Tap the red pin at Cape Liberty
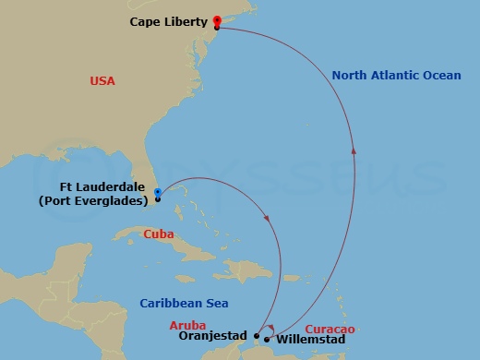(x=217, y=20)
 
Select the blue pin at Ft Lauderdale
(x=158, y=192)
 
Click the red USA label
(x=102, y=81)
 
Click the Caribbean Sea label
(x=184, y=303)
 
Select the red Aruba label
(x=189, y=325)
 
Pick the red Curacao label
(x=330, y=329)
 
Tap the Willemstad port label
(x=311, y=340)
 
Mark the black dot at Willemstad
(x=267, y=339)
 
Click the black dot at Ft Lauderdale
(x=158, y=199)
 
